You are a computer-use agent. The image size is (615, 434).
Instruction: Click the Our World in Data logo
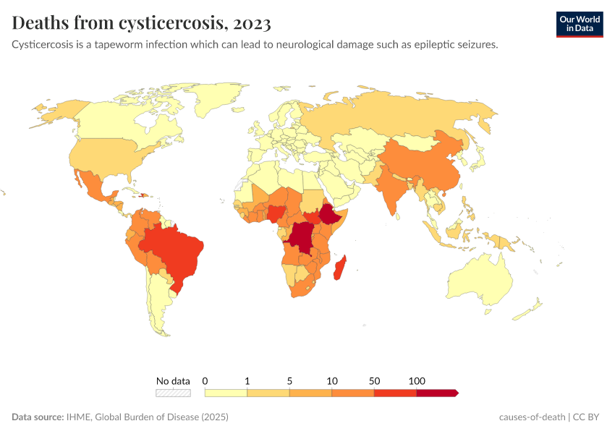click(x=579, y=24)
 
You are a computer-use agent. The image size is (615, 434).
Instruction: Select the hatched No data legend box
click(x=173, y=393)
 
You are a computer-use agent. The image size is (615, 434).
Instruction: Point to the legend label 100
click(x=417, y=380)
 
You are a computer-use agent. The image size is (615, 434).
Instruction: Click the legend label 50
click(x=374, y=380)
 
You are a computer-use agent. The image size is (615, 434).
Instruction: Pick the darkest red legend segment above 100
click(x=436, y=393)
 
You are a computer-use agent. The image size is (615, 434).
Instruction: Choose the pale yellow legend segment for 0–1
click(x=226, y=393)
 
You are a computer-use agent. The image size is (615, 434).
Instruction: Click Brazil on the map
click(x=177, y=250)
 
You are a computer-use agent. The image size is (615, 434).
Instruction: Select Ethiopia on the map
click(x=332, y=216)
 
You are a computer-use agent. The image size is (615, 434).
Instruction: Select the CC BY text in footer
click(x=590, y=417)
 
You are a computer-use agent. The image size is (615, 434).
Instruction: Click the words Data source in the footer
click(x=37, y=417)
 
